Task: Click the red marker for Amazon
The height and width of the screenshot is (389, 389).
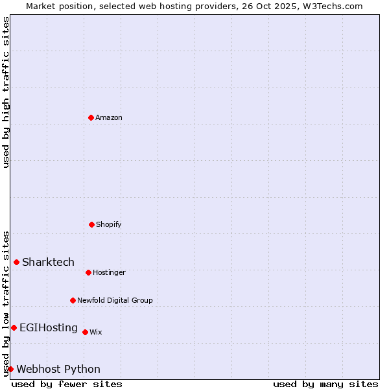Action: pyautogui.click(x=91, y=117)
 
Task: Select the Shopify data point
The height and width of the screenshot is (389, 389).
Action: pyautogui.click(x=91, y=224)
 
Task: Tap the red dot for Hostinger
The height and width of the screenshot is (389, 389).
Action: pyautogui.click(x=88, y=272)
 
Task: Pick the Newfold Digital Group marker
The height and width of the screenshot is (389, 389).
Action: pyautogui.click(x=73, y=300)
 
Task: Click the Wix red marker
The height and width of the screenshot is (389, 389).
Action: pyautogui.click(x=85, y=332)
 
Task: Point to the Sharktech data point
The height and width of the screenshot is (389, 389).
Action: pyautogui.click(x=16, y=262)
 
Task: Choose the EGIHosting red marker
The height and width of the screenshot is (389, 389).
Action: pyautogui.click(x=14, y=327)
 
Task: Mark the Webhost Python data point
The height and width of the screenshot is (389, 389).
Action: pyautogui.click(x=10, y=369)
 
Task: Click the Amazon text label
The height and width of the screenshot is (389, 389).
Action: pyautogui.click(x=109, y=118)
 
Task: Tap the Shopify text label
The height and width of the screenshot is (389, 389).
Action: pyautogui.click(x=109, y=225)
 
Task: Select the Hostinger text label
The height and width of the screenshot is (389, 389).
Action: pyautogui.click(x=109, y=273)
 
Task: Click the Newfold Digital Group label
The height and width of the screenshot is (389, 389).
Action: pyautogui.click(x=115, y=301)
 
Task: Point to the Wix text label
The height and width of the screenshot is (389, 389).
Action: pyautogui.click(x=96, y=333)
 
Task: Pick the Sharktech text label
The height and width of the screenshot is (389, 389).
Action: pyautogui.click(x=48, y=263)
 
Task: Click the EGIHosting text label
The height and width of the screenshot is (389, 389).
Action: pyautogui.click(x=49, y=328)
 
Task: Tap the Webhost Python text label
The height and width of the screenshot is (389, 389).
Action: pyautogui.click(x=58, y=370)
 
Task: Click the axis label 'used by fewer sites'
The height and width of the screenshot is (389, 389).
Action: pyautogui.click(x=67, y=384)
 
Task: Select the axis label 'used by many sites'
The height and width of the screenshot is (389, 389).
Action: pyautogui.click(x=325, y=384)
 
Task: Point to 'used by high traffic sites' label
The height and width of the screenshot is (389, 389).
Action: pyautogui.click(x=6, y=92)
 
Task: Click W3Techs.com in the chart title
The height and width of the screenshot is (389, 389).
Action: pyautogui.click(x=332, y=6)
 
